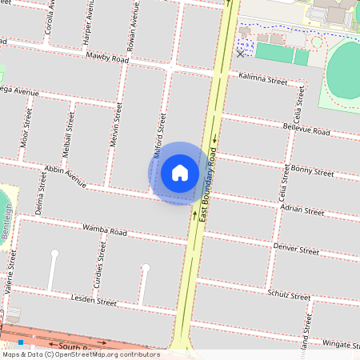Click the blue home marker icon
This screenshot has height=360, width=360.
click(x=180, y=173)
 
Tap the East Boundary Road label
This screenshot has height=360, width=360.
click(x=209, y=182)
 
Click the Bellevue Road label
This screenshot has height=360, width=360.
click(x=306, y=130)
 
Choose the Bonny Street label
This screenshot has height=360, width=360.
click(x=313, y=172)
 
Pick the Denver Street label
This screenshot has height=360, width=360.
click(x=296, y=250)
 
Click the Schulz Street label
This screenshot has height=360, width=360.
click(x=289, y=296)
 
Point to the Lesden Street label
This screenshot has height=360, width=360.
click(x=94, y=302)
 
